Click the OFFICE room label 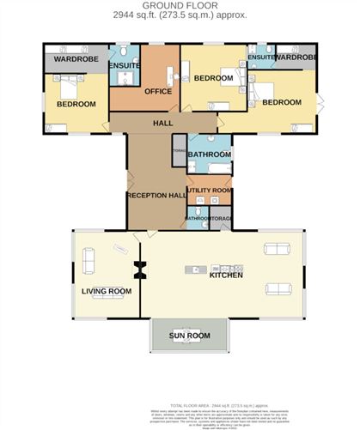pos(159,91)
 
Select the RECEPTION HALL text pos(156,196)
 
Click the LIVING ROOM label pos(106,291)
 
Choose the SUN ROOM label pos(189,335)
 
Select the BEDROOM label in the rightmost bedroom pos(282,102)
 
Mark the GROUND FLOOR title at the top pos(180,6)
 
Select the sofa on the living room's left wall pos(87,256)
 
